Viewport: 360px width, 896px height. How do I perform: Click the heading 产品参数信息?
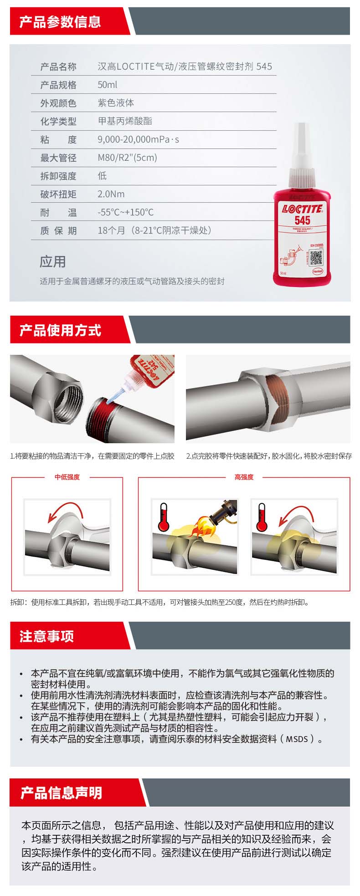tap(60, 21)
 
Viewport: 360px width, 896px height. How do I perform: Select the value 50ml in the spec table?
tap(108, 85)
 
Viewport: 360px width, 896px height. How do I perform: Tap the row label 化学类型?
tap(58, 121)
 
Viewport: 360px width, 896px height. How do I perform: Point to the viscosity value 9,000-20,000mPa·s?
tap(139, 139)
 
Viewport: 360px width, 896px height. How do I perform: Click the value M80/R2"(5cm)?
tap(127, 158)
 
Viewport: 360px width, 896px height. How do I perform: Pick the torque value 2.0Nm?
tap(111, 194)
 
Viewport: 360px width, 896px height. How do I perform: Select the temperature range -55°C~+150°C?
tap(126, 212)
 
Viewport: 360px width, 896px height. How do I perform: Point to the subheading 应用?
tap(53, 261)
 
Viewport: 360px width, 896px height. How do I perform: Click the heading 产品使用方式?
tap(60, 330)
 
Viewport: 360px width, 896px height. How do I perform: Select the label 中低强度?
tap(67, 477)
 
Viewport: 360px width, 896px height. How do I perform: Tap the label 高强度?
tap(244, 477)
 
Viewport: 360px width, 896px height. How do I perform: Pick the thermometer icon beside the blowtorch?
tap(164, 517)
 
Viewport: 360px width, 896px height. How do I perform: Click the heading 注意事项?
tap(46, 636)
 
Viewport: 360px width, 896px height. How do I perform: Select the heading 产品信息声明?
tap(61, 792)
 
